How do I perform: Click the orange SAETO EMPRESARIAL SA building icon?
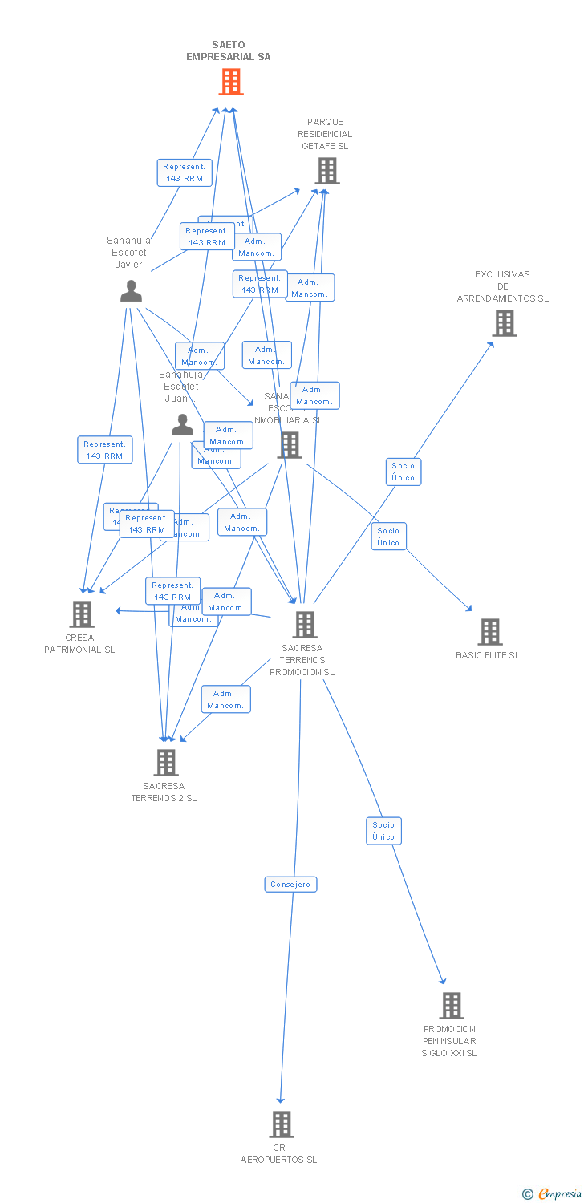pos(231,82)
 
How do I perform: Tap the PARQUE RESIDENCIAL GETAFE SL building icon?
pos(326,171)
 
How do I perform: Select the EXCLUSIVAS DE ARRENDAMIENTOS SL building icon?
pos(504,323)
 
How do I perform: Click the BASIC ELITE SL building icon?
pos(490,632)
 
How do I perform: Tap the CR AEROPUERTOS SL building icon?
pos(281,1124)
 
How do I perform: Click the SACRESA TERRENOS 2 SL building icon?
pos(165,763)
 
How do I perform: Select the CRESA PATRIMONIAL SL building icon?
pos(82,614)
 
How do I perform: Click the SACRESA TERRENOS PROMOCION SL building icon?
pos(304,625)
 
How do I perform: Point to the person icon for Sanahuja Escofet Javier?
pos(131,291)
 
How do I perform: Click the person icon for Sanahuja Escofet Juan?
pos(182,425)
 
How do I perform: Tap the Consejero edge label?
pos(290,885)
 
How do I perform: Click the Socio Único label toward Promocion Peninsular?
pos(383,831)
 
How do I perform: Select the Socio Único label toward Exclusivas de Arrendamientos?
pos(403,472)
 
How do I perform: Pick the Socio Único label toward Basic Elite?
pos(388,537)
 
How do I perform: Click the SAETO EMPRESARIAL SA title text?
pos(229,51)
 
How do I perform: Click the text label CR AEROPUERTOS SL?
pos(279,1154)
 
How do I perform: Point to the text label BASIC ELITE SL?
pos(488,655)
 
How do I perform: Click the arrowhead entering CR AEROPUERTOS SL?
pos(280,1100)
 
